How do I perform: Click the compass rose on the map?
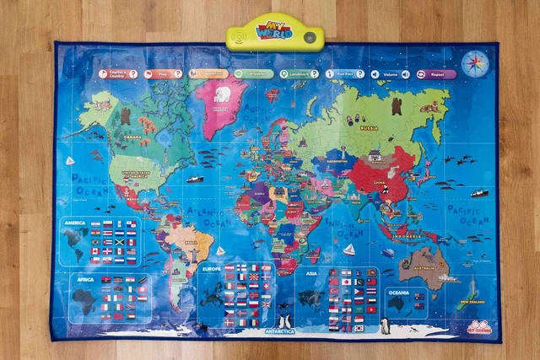tap(476, 62)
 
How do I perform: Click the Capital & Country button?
tap(119, 74)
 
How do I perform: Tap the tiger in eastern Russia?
tap(429, 108)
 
